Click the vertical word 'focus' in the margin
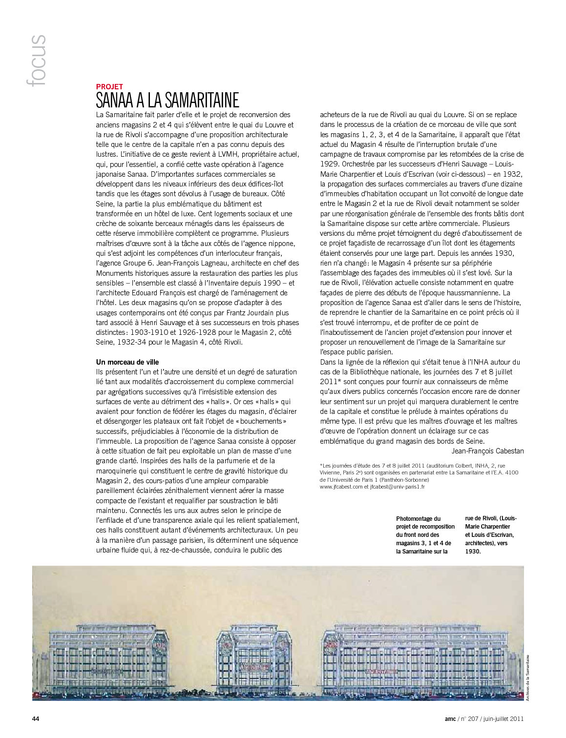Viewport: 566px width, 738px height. (x=38, y=61)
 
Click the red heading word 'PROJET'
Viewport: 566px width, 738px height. (x=109, y=86)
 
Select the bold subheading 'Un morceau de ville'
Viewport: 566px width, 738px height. (x=127, y=362)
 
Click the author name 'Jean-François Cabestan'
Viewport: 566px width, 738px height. (x=487, y=451)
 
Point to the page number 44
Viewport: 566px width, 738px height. (x=36, y=718)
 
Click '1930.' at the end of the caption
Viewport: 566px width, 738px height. (x=473, y=551)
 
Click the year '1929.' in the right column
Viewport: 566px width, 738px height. (x=330, y=164)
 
